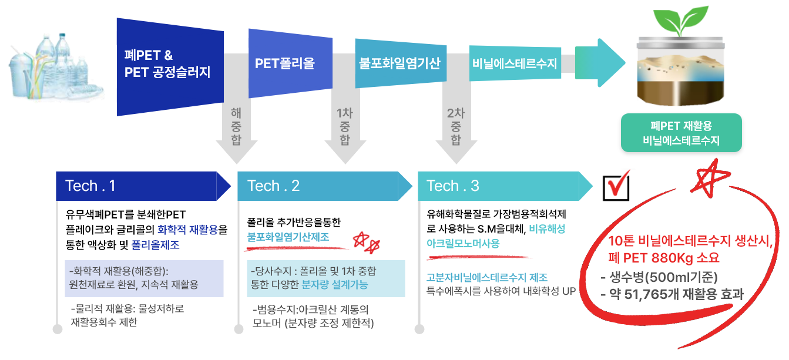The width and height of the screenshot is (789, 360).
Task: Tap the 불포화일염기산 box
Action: (400, 63)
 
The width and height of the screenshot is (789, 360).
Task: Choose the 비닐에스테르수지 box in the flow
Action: (514, 63)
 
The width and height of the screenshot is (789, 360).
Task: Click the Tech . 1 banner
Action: (141, 186)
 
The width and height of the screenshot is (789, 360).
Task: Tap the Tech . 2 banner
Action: (323, 186)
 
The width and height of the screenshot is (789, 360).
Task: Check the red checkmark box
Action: (617, 186)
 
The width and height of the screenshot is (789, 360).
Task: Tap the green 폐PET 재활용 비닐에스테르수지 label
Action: (681, 133)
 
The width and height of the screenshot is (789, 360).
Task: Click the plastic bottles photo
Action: (53, 63)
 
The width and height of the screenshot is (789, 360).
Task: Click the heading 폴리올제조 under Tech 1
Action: (155, 245)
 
